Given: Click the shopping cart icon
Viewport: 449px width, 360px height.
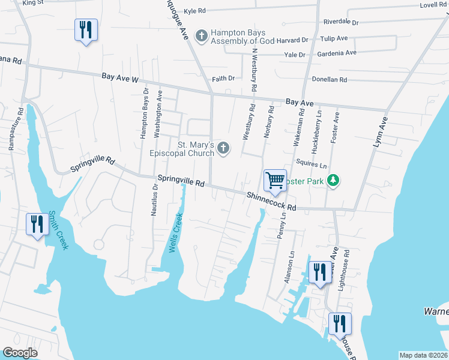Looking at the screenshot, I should (275, 180).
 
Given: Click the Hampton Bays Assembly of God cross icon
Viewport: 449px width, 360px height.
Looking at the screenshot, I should (202, 36).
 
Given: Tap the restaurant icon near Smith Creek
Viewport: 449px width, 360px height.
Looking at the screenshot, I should (38, 225).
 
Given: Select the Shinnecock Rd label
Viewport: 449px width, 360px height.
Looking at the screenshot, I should (271, 201).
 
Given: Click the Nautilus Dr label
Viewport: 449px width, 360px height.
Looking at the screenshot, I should (154, 199).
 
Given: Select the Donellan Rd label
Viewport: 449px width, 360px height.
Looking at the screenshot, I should (329, 79).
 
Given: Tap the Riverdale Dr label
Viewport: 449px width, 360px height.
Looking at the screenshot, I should (340, 22).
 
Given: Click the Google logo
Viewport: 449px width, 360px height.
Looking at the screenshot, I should (20, 353).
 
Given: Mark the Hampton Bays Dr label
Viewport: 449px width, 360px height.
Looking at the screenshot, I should (144, 113).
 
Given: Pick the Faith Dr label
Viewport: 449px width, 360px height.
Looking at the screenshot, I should (223, 79).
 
